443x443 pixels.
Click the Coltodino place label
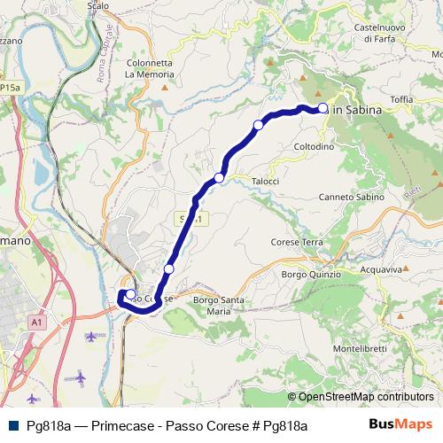(x=308, y=147)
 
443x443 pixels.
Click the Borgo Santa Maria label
(x=218, y=306)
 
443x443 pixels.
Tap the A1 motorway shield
(x=36, y=323)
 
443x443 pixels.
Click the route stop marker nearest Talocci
(x=219, y=177)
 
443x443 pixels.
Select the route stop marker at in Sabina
(x=323, y=109)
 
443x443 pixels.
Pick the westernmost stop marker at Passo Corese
(x=130, y=295)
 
